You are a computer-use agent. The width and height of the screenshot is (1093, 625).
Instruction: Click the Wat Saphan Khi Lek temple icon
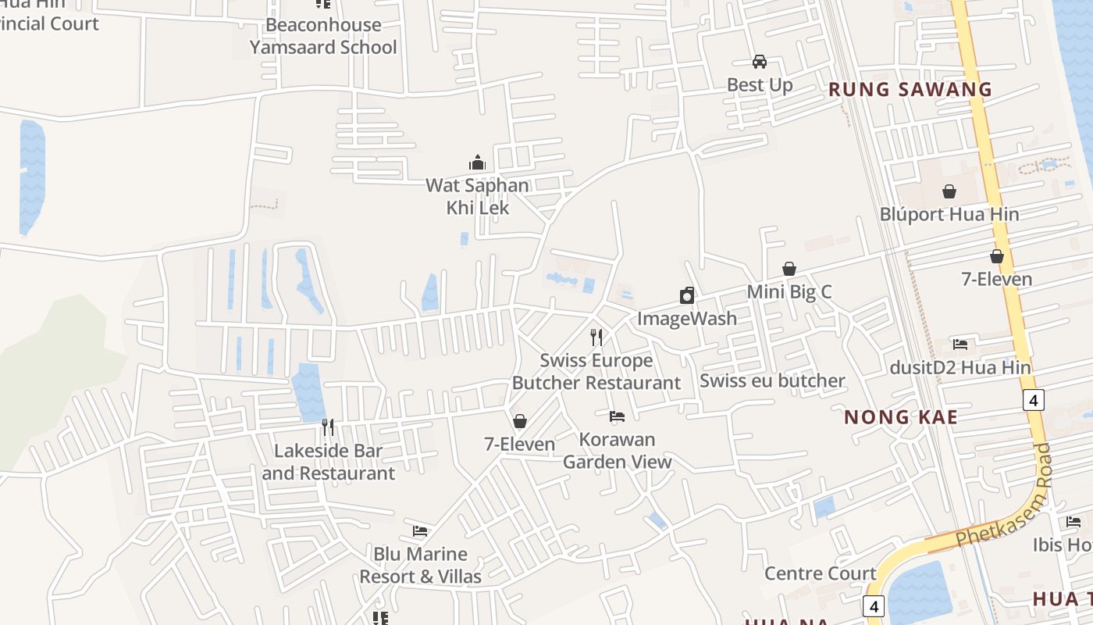[477, 162]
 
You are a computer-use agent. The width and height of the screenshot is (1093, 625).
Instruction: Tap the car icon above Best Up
[759, 61]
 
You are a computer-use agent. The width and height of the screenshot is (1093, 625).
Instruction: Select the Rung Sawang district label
[910, 89]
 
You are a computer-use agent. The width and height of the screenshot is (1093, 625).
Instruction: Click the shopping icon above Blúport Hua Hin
[949, 191]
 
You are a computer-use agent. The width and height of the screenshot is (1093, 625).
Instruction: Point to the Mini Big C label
[789, 291]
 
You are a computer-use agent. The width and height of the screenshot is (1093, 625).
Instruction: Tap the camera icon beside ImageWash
[687, 295]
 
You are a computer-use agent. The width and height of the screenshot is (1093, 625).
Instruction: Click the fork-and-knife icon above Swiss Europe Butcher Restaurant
[596, 337]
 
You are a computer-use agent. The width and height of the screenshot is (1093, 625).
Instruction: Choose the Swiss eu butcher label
[772, 380]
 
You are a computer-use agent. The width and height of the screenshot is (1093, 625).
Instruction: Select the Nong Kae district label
[900, 416]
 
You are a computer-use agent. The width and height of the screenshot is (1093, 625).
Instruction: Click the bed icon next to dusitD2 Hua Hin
[960, 344]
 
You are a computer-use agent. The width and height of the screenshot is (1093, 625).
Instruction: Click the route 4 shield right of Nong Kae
[1033, 400]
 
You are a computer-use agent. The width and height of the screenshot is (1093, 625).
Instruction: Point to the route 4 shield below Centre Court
[874, 605]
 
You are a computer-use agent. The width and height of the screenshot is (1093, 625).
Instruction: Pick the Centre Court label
[820, 573]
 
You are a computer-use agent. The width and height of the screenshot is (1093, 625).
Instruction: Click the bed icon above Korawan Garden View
[617, 416]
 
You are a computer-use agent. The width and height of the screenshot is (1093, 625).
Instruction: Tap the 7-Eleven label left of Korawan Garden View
[519, 444]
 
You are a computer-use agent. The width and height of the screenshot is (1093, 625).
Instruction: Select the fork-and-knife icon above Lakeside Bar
[328, 427]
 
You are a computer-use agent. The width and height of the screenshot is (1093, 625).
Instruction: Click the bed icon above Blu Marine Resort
[420, 531]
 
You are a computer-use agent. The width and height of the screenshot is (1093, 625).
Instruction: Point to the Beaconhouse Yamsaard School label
[323, 36]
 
